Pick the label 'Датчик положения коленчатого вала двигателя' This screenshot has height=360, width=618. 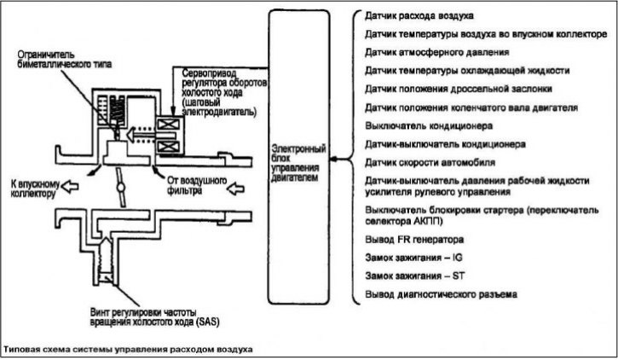pyautogui.click(x=471, y=108)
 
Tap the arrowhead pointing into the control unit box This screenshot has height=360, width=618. pyautogui.click(x=333, y=159)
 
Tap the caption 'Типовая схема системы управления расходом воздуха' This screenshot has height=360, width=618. pyautogui.click(x=128, y=350)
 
